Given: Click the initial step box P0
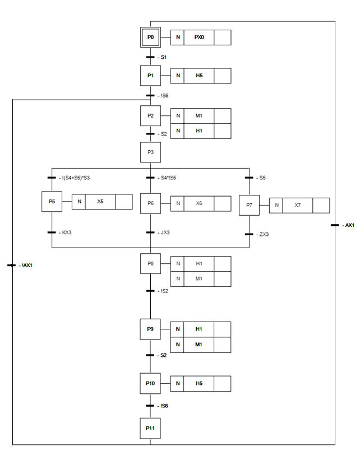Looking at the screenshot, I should point(150,38).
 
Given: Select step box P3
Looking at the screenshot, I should point(150,151).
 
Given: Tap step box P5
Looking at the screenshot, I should point(52,202).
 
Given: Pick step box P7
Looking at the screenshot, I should point(249,205).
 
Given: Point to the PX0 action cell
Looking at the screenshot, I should point(199,38).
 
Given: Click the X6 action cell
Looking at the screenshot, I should point(199,203).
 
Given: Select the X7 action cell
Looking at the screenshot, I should point(298,206).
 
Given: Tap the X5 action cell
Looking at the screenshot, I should point(100,201).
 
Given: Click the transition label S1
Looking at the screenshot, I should point(164,57).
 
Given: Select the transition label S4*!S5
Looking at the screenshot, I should point(169,178).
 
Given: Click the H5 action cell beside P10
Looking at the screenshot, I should point(199,384).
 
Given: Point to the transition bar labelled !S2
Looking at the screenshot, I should point(150,291).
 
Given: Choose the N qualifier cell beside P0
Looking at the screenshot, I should point(178,38).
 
